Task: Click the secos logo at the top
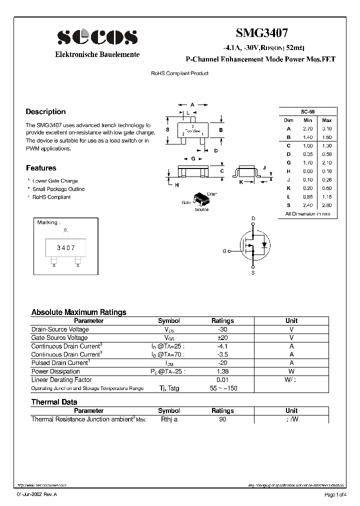[x=97, y=37]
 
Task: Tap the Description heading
[x=45, y=112]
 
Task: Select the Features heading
[x=41, y=168]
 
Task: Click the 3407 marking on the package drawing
[x=65, y=247]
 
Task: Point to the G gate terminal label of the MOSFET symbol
[x=224, y=251]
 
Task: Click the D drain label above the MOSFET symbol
[x=253, y=218]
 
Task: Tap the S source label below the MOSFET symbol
[x=253, y=273]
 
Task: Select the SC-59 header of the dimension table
[x=307, y=112]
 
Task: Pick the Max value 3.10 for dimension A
[x=326, y=128]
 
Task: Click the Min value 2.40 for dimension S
[x=307, y=205]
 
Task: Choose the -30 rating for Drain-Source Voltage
[x=222, y=329]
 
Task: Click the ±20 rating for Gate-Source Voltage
[x=222, y=338]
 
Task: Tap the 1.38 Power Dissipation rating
[x=222, y=371]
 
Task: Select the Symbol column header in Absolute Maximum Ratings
[x=168, y=321]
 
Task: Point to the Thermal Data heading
[x=54, y=402]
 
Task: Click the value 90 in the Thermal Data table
[x=222, y=419]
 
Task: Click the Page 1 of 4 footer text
[x=334, y=495]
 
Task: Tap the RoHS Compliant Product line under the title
[x=179, y=73]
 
